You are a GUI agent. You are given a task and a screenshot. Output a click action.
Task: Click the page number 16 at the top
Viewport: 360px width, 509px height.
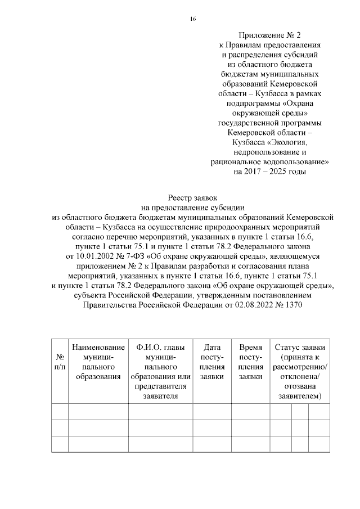193,19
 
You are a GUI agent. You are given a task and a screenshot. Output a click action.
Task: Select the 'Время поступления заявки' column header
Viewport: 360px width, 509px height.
250,362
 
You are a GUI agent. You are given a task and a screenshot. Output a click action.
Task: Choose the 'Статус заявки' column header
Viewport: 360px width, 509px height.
299,347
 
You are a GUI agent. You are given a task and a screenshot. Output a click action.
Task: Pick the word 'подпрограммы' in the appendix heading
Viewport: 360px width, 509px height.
251,103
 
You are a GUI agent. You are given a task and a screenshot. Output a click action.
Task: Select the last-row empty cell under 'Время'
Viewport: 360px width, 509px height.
250,444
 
